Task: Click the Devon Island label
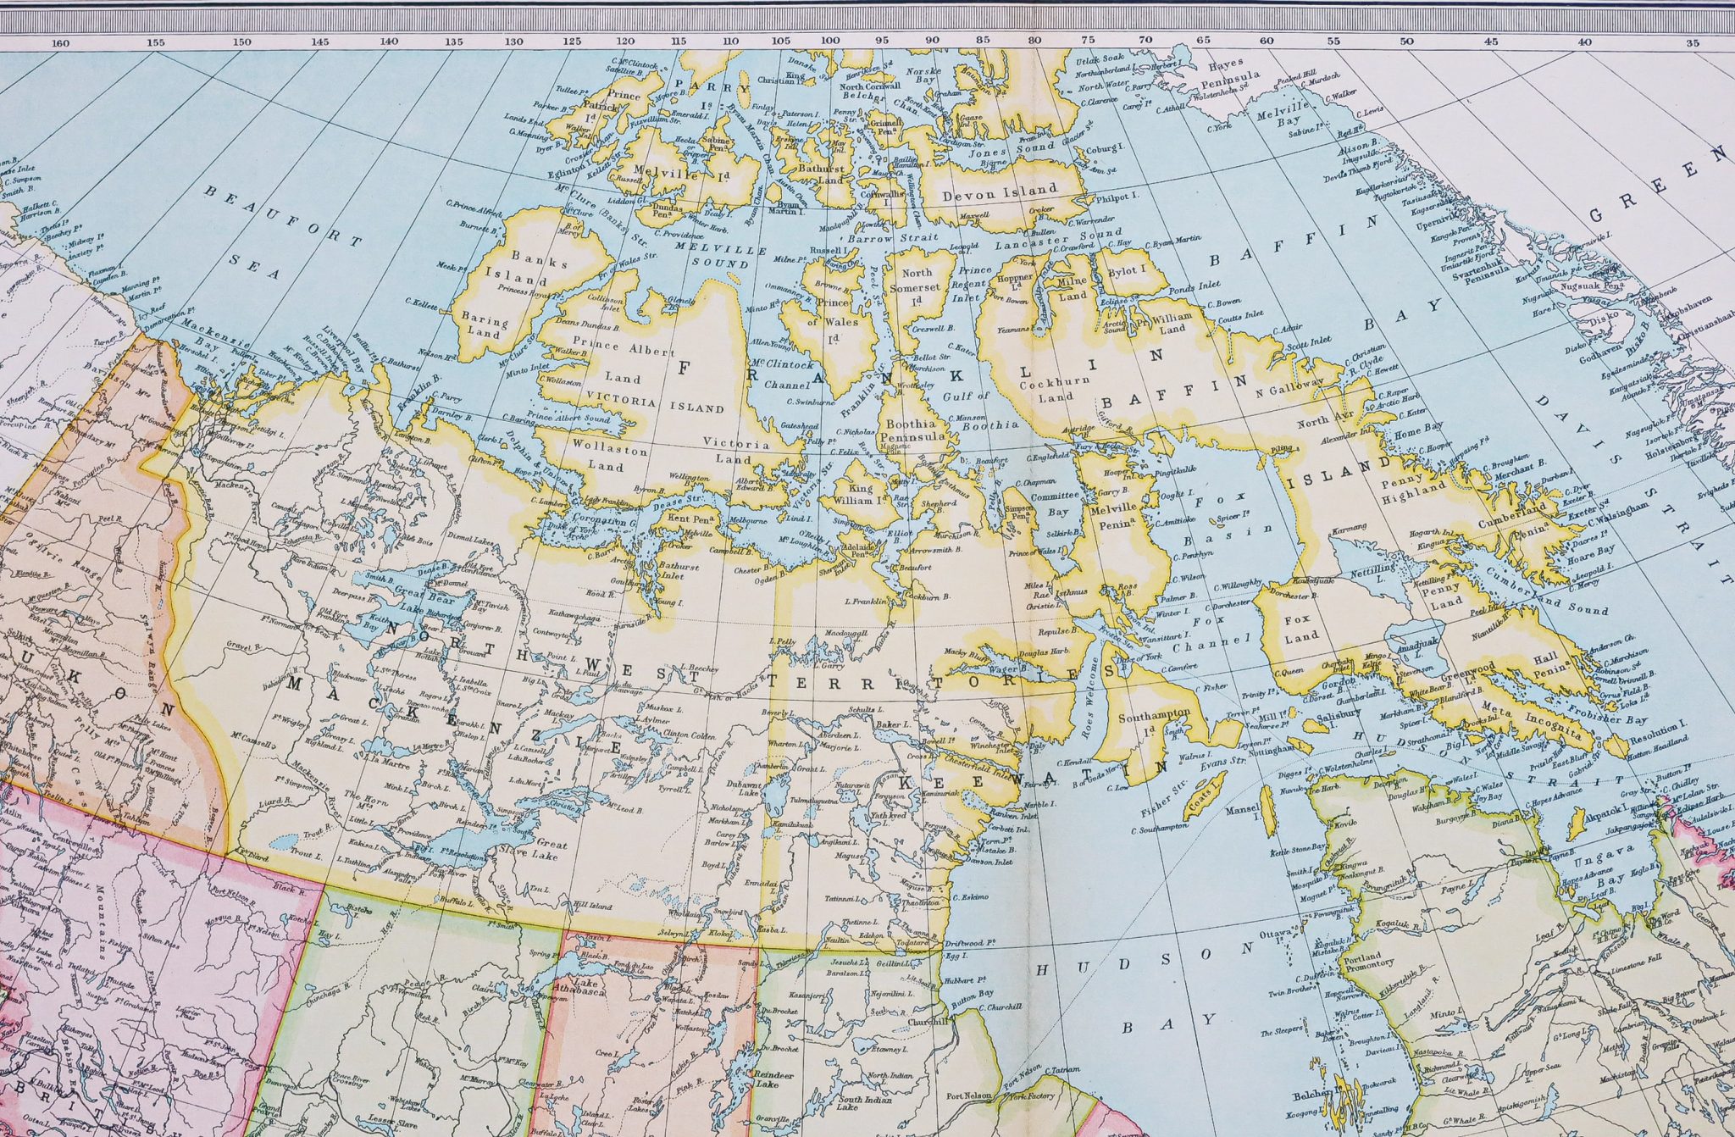tap(1000, 191)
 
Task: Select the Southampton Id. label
tap(1154, 722)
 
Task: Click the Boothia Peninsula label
tap(913, 430)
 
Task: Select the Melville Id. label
tap(675, 175)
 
